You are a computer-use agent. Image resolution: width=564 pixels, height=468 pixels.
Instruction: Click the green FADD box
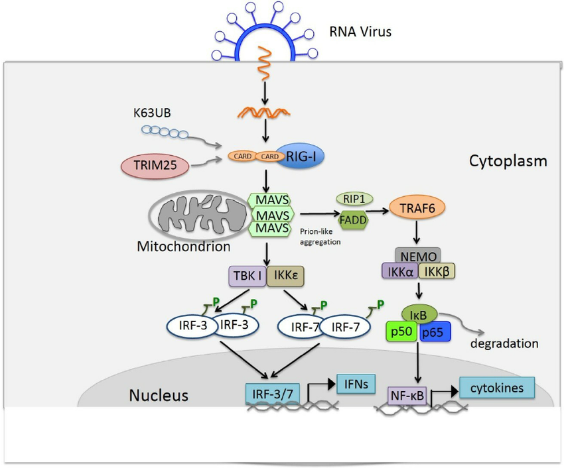[x=354, y=220]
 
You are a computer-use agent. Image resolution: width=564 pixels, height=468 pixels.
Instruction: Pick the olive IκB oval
[x=419, y=310]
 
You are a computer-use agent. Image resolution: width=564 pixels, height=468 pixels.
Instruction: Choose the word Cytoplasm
[x=508, y=160]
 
